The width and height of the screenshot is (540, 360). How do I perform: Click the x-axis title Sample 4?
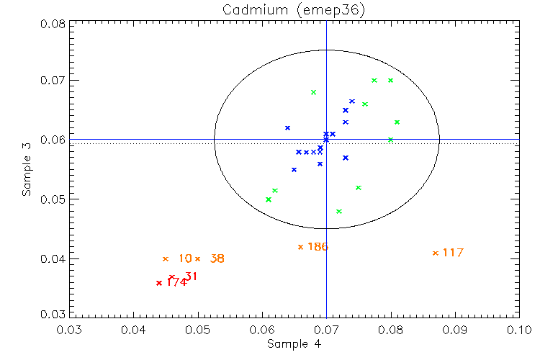click(294, 343)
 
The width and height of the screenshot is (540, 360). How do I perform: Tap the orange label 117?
click(453, 253)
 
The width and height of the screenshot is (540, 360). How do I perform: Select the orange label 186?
click(318, 247)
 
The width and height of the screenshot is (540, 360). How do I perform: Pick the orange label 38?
click(217, 258)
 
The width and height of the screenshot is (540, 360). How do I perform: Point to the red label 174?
click(176, 282)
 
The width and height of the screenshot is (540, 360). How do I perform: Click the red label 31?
click(191, 276)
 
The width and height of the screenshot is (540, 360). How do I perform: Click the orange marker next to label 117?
click(435, 253)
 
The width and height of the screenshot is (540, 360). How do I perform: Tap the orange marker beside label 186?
click(300, 247)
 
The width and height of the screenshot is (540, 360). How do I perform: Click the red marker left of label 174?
click(158, 283)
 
